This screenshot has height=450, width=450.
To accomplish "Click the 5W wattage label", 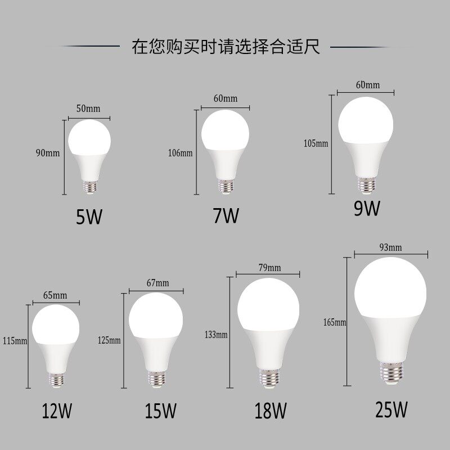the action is (x=89, y=217).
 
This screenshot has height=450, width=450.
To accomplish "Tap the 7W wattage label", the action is (x=226, y=215).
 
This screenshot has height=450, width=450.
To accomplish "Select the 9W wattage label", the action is (x=367, y=208).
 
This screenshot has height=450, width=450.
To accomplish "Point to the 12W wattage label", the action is (x=57, y=412).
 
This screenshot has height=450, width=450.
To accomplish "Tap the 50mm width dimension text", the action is (x=88, y=109).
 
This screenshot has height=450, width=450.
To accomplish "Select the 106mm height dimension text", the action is (x=180, y=153).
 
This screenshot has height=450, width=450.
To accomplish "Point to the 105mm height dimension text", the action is (x=316, y=143).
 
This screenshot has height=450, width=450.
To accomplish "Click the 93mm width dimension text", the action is (x=390, y=247).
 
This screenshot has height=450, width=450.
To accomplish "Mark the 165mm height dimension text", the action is (x=334, y=322).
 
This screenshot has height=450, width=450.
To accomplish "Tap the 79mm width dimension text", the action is (x=269, y=268).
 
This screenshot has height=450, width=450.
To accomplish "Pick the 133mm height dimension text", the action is (x=216, y=335).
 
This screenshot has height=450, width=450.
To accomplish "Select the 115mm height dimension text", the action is (x=14, y=341).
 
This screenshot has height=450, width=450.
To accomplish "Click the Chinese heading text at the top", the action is (x=226, y=47).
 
